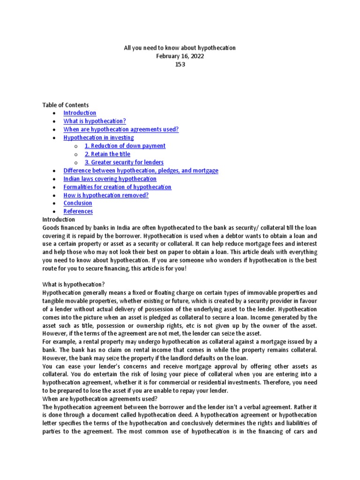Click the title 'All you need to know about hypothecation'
[180, 48]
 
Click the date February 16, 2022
[180, 56]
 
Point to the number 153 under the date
[180, 64]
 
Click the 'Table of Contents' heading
[66, 105]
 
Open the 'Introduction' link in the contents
[80, 113]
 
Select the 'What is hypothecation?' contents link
[95, 121]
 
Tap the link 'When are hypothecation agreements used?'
[121, 129]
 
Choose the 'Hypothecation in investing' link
[98, 138]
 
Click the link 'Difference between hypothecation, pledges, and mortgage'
[141, 171]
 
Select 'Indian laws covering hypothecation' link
[110, 179]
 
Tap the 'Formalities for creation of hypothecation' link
[117, 187]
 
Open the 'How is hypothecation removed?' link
[106, 195]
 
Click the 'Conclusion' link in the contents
[78, 203]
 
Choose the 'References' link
[78, 211]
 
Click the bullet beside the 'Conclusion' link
[55, 203]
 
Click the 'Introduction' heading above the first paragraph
[59, 219]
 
